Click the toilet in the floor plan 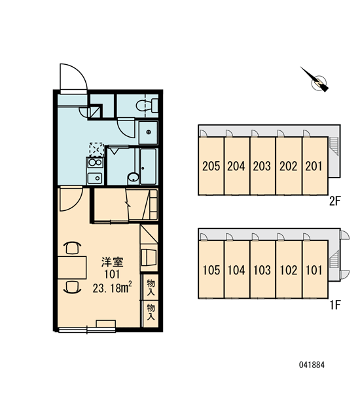click(147, 105)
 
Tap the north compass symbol click(316, 81)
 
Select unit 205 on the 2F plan click(211, 166)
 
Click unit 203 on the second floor click(262, 166)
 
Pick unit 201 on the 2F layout click(314, 166)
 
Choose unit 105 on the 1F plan click(211, 270)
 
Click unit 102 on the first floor click(289, 270)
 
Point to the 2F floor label click(335, 201)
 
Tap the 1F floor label click(335, 305)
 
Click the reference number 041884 click(312, 365)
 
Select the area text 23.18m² click(112, 288)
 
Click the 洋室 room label click(112, 262)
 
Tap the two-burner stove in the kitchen click(95, 162)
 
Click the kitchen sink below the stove click(95, 178)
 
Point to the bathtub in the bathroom click(148, 166)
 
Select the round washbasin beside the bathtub click(133, 178)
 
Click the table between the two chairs click(72, 267)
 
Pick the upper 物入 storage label click(151, 288)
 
